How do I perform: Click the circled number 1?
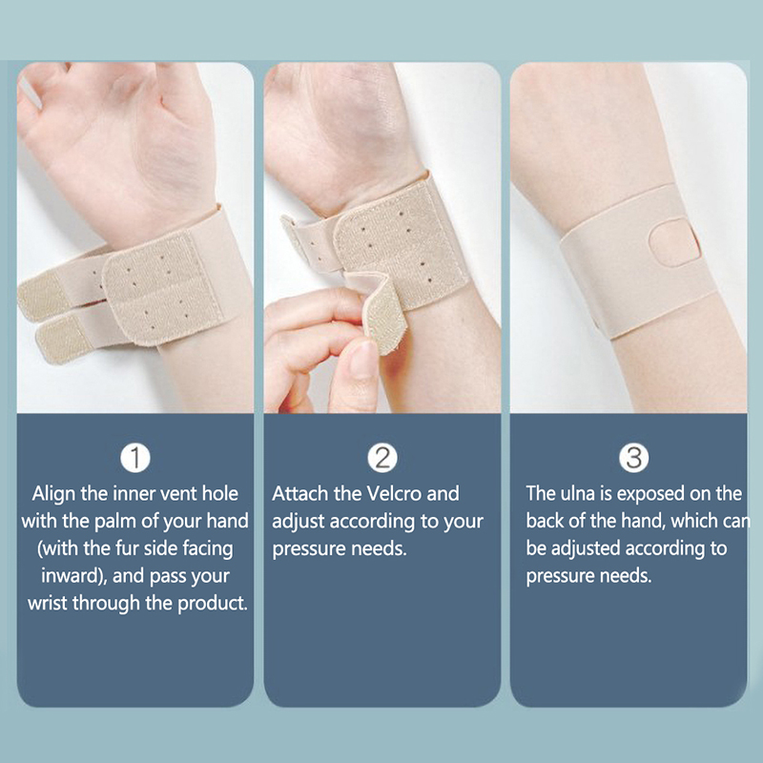pos(135,458)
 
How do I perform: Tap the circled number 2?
pos(382,458)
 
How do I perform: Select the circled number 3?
pos(633,458)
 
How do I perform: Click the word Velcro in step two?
pos(393,493)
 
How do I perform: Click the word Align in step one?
pos(53,494)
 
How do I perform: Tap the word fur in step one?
pos(126,548)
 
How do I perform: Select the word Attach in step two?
pos(299,493)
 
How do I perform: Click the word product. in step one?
pos(213,604)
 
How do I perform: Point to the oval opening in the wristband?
pos(675,242)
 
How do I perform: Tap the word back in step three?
pos(545,521)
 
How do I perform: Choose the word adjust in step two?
pos(299,522)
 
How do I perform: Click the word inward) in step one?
pos(74,576)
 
